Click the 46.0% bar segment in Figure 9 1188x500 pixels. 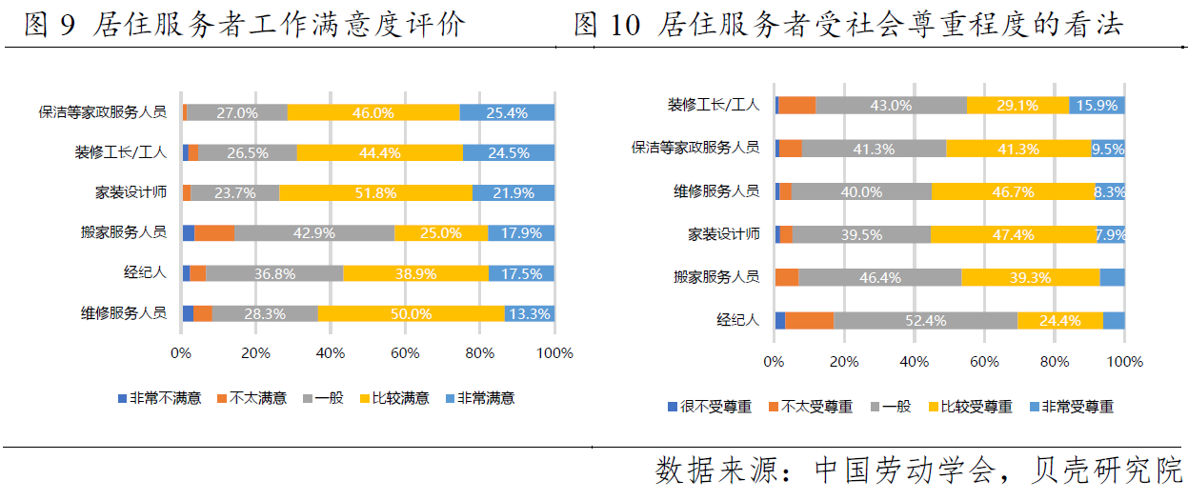(x=373, y=112)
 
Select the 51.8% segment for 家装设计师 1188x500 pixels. (x=375, y=192)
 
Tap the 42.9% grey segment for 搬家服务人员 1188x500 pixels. (x=314, y=232)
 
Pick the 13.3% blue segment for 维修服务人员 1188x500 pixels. (x=529, y=313)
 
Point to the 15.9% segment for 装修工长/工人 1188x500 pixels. (x=1097, y=105)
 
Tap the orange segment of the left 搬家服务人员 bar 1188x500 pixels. (x=214, y=232)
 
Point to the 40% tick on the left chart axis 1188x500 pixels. (x=330, y=353)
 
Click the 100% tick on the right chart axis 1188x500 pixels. (x=1125, y=362)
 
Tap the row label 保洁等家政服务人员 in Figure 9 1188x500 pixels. (x=102, y=112)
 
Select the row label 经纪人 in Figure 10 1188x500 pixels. (x=737, y=320)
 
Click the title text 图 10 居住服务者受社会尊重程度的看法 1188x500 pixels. (x=848, y=26)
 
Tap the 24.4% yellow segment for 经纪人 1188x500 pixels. (x=1059, y=320)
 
